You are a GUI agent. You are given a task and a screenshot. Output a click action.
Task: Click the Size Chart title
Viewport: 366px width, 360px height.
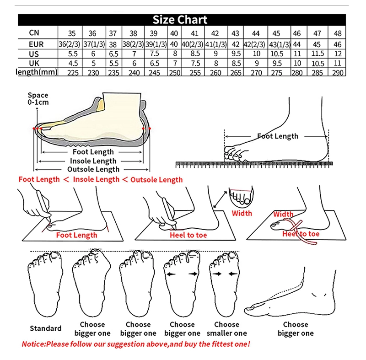coord(180,20)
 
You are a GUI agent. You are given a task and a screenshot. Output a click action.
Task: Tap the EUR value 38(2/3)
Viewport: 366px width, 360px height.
coord(133,44)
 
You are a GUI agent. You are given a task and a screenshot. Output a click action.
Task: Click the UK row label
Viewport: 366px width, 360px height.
coord(34,63)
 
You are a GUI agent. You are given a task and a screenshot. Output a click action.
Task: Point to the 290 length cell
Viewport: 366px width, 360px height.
coord(339,72)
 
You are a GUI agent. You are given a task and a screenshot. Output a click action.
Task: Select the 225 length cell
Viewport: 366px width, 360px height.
coord(72,72)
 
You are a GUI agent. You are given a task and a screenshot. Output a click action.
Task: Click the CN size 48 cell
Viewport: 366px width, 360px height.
coord(338,33)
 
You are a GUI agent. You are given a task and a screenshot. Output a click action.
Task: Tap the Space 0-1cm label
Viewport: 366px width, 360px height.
coord(38,99)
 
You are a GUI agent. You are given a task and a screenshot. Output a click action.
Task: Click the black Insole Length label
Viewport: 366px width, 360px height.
coord(93,161)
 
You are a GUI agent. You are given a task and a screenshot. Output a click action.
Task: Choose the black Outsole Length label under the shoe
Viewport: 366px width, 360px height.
coord(93,170)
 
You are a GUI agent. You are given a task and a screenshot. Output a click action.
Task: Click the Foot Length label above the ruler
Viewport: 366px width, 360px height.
coord(277,136)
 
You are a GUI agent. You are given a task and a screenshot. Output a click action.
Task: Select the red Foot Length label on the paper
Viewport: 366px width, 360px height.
coord(77,235)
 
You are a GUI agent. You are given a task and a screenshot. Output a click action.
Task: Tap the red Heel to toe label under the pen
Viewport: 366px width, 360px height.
coord(188,235)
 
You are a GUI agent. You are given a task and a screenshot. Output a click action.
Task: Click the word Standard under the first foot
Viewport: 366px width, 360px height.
coord(46,328)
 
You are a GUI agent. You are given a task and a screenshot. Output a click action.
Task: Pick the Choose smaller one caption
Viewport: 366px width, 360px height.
coord(227,329)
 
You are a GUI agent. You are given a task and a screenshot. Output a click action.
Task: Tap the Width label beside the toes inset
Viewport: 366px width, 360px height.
coord(242,213)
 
